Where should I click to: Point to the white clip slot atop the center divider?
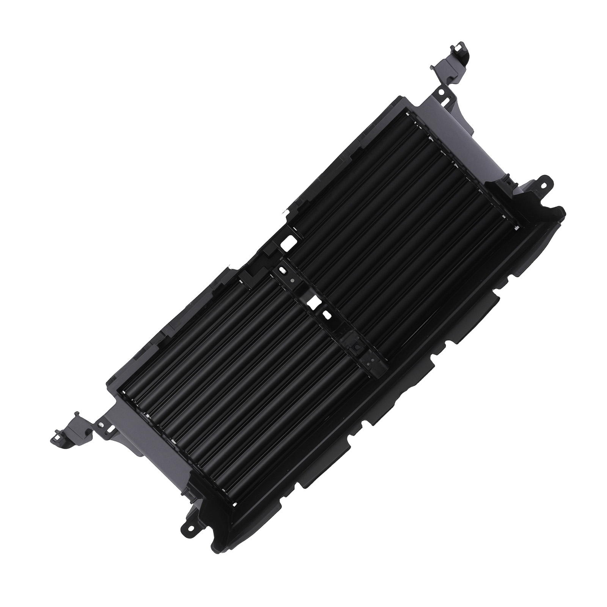click(282, 270)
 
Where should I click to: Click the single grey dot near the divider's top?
click(292, 280)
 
